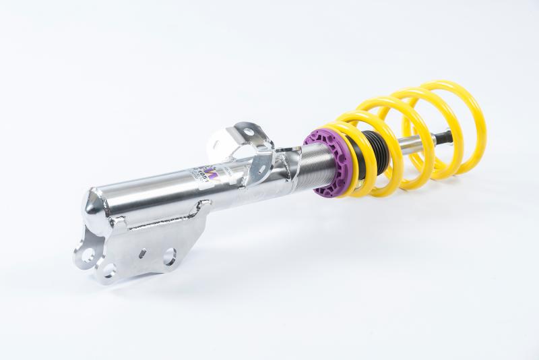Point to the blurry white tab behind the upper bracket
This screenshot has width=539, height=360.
coord(218,144)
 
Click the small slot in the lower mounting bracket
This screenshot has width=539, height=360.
coord(142,253)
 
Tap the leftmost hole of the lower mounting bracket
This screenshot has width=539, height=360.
coord(87,254)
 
